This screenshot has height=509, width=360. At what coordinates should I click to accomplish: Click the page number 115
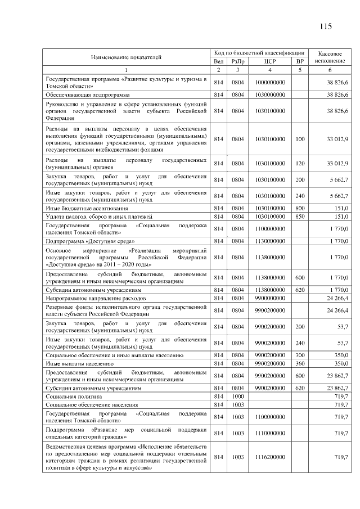coord(326,26)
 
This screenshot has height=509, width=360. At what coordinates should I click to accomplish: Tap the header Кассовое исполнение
coord(330,56)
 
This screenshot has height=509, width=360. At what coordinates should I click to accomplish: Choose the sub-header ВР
coord(300,61)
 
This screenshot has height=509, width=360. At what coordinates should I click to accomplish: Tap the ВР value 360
coord(300,364)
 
